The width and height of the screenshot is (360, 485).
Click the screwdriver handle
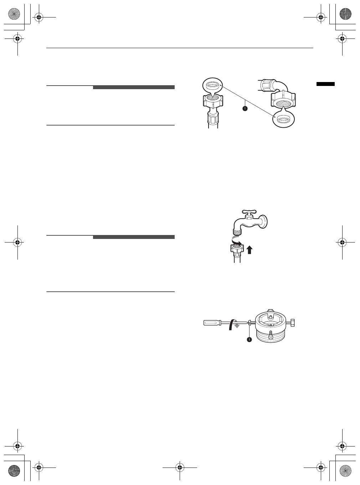pos(211,323)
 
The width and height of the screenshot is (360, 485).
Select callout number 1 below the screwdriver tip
pos(249,339)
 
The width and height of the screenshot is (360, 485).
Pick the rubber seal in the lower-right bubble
pos(284,120)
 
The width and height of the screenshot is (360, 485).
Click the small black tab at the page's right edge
pos(325,84)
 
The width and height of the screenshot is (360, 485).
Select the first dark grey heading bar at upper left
pos(134,87)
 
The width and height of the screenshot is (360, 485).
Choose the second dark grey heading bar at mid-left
pos(134,237)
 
